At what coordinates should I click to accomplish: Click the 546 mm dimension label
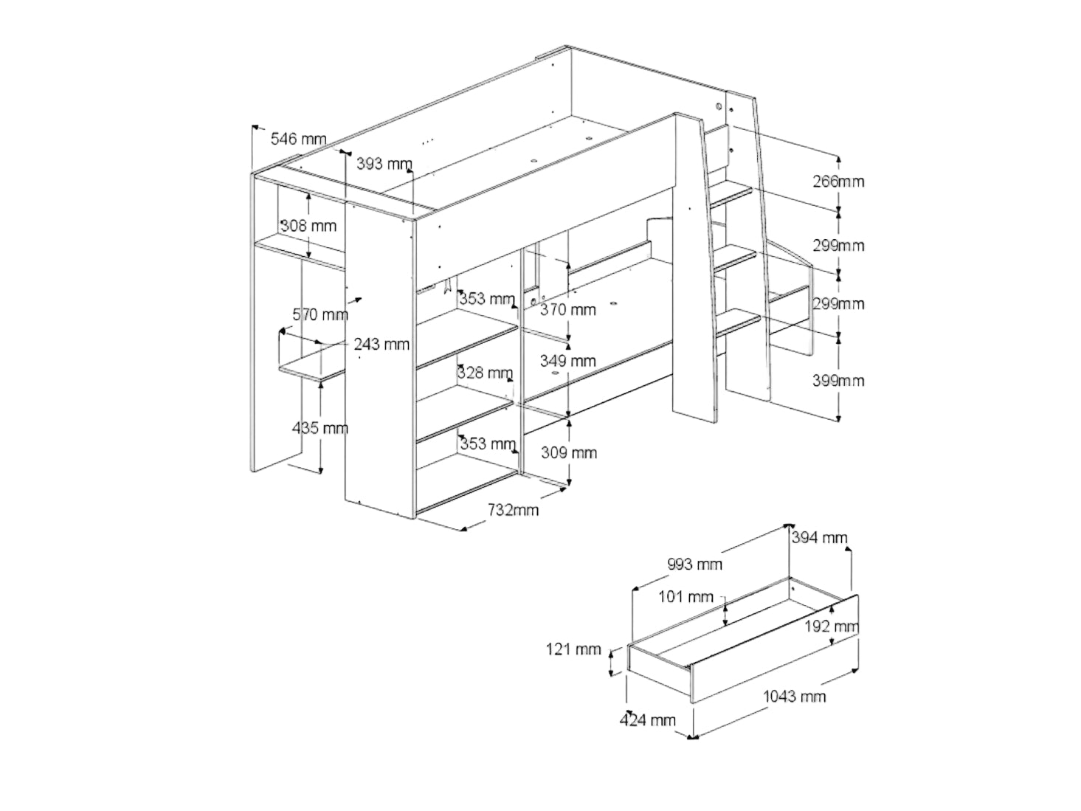tap(298, 139)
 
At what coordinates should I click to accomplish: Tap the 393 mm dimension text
tap(384, 164)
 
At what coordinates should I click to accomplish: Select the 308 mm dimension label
tap(308, 226)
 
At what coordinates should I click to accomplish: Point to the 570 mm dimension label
tap(320, 315)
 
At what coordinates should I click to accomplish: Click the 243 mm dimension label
tap(381, 344)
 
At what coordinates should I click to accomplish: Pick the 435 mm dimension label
tap(320, 428)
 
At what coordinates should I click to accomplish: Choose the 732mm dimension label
tap(513, 510)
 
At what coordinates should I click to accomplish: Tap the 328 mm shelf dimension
tap(485, 373)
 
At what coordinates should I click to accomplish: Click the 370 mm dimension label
tap(568, 310)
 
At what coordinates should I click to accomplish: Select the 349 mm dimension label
tap(568, 361)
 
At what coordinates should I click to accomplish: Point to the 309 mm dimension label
tap(568, 452)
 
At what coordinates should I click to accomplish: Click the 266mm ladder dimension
tap(837, 182)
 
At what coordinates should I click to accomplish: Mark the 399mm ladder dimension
tap(837, 381)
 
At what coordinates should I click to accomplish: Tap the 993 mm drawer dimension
tap(694, 565)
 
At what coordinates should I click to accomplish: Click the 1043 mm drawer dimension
tap(794, 696)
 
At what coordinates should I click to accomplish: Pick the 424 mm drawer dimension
tap(647, 719)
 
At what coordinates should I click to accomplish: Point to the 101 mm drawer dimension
tap(685, 596)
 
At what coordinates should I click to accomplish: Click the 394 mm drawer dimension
tap(819, 538)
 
